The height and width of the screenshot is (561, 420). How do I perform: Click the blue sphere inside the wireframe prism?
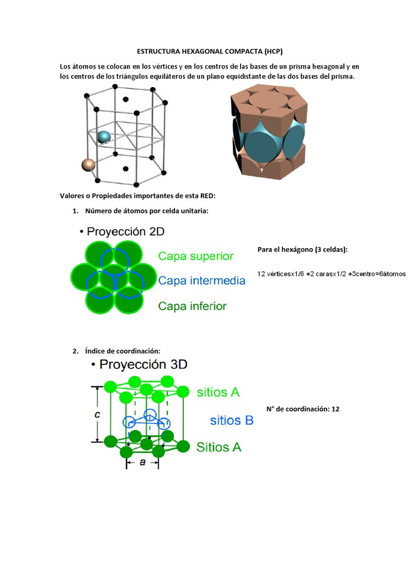tap(104, 137)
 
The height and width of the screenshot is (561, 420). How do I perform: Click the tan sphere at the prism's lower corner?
tap(87, 164)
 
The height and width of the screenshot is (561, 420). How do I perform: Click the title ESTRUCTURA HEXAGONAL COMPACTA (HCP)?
tap(209, 51)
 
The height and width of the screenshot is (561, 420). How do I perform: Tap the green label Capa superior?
tap(196, 256)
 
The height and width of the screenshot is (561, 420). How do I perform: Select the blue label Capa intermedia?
tap(202, 280)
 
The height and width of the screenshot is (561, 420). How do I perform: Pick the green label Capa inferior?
tap(192, 306)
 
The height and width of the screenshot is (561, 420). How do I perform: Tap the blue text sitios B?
tap(232, 421)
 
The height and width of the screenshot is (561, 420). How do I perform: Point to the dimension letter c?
tap(97, 415)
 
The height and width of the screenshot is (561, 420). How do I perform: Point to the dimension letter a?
tap(143, 462)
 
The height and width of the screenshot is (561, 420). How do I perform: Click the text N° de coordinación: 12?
tap(303, 409)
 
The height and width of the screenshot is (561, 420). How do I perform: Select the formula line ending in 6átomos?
tap(331, 274)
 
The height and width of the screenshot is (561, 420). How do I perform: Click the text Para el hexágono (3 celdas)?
tap(302, 250)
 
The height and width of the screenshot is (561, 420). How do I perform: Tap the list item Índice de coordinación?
tap(122, 351)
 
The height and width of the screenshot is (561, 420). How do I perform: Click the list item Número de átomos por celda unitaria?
tap(147, 211)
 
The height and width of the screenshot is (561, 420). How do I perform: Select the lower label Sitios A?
tap(219, 447)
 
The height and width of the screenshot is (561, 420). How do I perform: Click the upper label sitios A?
tap(218, 392)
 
